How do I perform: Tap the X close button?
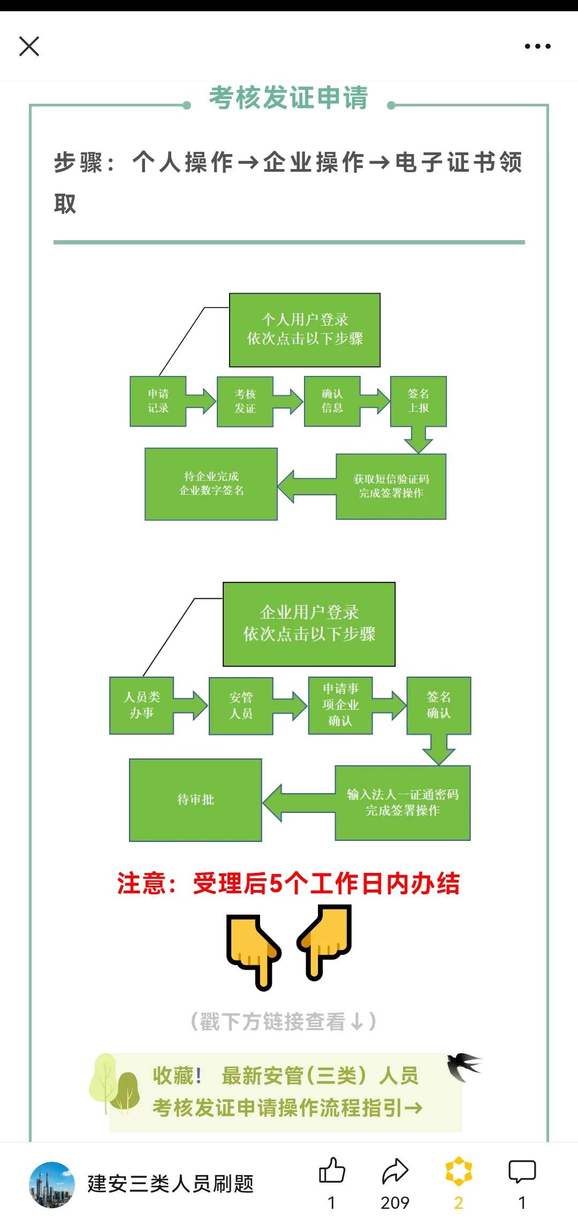(x=29, y=46)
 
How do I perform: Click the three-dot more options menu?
(x=537, y=47)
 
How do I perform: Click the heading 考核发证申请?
(x=288, y=98)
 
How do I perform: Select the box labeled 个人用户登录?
(x=305, y=330)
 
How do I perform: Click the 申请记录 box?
(x=158, y=401)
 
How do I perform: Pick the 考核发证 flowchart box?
(x=245, y=401)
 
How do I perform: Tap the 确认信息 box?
(x=332, y=401)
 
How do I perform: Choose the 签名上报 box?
(x=419, y=401)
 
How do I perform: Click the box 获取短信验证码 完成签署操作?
(x=391, y=486)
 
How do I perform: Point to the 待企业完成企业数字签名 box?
(x=211, y=484)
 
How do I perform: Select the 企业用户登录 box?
(x=309, y=624)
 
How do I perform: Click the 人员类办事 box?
(x=141, y=705)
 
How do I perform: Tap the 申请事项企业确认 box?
(x=340, y=705)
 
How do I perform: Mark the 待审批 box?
(x=195, y=800)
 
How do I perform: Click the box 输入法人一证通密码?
(x=402, y=803)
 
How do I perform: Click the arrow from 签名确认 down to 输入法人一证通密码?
(x=439, y=749)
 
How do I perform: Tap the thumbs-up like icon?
(x=332, y=1170)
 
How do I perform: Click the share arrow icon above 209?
(x=395, y=1170)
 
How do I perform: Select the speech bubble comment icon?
(x=522, y=1171)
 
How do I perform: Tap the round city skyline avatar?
(x=52, y=1185)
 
